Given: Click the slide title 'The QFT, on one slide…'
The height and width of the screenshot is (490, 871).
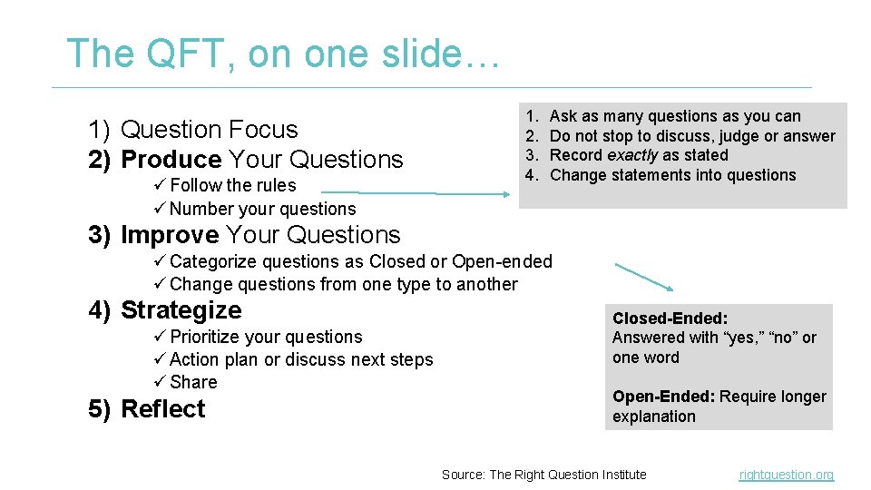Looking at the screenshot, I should pos(282,54).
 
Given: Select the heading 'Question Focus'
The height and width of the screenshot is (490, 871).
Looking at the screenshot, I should pos(209,130).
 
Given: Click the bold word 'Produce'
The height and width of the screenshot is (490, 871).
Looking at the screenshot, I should pos(171,160).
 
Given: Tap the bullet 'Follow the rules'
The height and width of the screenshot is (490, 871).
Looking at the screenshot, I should pos(232,185).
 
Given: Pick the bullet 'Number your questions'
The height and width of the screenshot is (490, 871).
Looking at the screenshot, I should pos(262,209).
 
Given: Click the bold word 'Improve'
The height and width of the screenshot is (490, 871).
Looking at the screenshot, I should pos(170,235).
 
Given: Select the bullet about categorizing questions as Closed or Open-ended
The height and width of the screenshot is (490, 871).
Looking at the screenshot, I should pos(360,261).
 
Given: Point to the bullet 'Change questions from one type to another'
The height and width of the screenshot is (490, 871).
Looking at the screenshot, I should pos(343,284).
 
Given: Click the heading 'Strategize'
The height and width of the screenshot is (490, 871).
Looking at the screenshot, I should pos(181,310).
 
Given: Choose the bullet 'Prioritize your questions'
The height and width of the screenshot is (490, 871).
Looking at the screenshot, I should pos(266,337).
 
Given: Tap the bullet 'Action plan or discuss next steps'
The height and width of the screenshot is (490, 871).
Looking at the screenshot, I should pos(301,359).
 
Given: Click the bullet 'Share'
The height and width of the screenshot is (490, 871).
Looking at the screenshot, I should pos(193,382).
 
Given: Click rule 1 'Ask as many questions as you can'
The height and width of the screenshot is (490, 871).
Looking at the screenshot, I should pos(675,116).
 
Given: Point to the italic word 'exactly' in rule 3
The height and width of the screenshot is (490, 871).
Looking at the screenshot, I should pos(632,155).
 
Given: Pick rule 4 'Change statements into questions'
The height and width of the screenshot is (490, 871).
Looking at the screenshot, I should pos(672,175).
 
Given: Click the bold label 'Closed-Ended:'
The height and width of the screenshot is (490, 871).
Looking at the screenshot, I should pos(670,318).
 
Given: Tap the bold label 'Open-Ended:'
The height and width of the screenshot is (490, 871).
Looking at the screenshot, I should pos(662,397).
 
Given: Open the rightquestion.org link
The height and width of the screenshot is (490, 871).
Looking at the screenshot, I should pos(786,475).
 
